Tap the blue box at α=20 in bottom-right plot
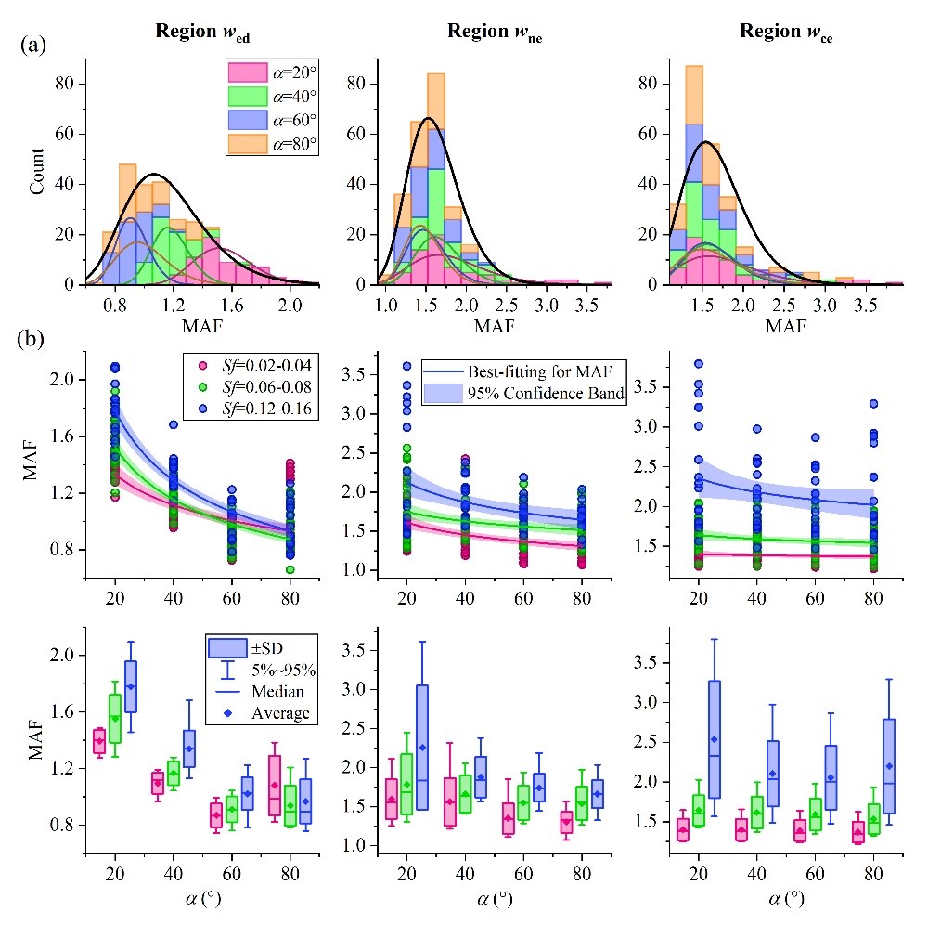point(715,739)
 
